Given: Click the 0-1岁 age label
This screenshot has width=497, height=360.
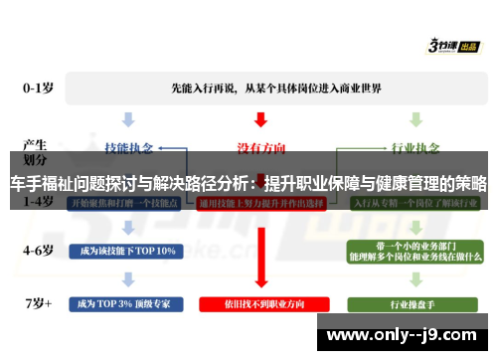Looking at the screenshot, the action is (39, 88).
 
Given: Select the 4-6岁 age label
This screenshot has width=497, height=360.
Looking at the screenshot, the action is (39, 250).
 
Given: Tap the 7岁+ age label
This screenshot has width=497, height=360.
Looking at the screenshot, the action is (39, 300).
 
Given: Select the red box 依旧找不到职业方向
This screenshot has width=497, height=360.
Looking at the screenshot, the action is (260, 302).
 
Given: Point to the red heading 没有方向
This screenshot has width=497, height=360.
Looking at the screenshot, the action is (260, 147).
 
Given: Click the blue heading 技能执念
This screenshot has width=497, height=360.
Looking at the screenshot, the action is (131, 147).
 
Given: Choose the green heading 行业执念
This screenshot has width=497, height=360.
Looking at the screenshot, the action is (414, 147).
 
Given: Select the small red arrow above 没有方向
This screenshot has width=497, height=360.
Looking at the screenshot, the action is (260, 119).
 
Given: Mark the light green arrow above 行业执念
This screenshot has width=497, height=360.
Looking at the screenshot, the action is (414, 119).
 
